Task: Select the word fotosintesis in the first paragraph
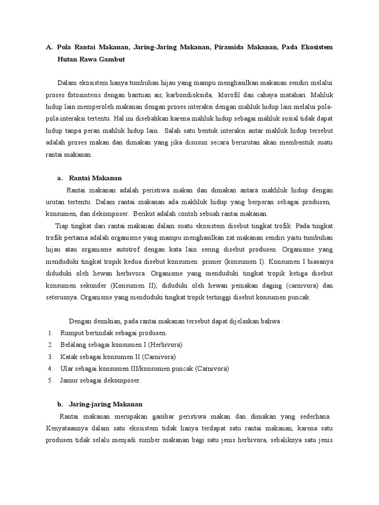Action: coord(87,94)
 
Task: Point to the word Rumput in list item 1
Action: coord(71,333)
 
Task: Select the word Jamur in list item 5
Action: coord(70,381)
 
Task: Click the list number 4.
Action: coord(50,369)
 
